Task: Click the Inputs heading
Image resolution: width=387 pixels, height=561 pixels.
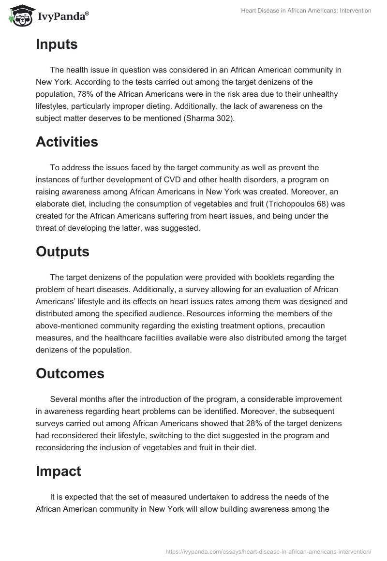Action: coord(57,44)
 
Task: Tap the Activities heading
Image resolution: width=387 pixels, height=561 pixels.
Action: coord(67,142)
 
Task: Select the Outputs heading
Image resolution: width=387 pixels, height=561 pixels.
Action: coord(62,251)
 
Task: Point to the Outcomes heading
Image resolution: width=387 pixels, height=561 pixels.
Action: coord(70,373)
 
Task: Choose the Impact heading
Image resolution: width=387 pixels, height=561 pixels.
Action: coord(58,472)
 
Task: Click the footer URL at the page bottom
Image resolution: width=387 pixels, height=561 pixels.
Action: coord(268,551)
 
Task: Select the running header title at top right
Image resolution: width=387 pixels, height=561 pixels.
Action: coord(306,11)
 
